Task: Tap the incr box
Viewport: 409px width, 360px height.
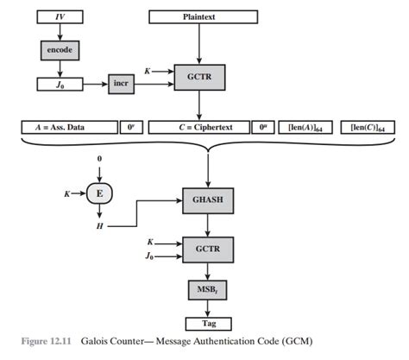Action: (x=121, y=84)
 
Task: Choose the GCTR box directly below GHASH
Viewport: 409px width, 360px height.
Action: (x=207, y=249)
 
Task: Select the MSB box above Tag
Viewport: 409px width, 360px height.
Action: (x=207, y=288)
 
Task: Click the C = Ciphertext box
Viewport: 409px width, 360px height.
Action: (x=199, y=128)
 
